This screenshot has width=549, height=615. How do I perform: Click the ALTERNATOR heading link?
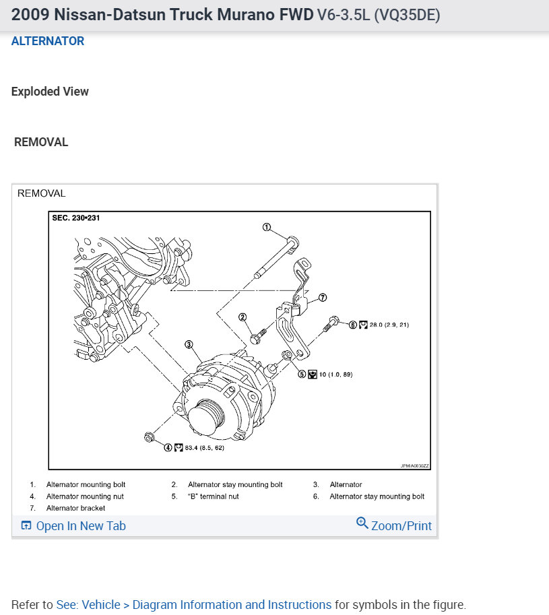pyautogui.click(x=47, y=41)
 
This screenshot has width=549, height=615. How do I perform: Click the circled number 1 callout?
pyautogui.click(x=267, y=227)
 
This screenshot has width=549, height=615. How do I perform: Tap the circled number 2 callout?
pyautogui.click(x=243, y=317)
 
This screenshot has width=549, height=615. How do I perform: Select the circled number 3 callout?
pyautogui.click(x=189, y=344)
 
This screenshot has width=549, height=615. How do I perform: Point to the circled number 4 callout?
pyautogui.click(x=168, y=447)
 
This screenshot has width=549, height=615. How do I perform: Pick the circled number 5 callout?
pyautogui.click(x=302, y=374)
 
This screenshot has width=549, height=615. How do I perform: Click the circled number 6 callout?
pyautogui.click(x=353, y=325)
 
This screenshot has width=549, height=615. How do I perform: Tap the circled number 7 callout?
pyautogui.click(x=323, y=298)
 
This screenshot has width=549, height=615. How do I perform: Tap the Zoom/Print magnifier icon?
pyautogui.click(x=362, y=523)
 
